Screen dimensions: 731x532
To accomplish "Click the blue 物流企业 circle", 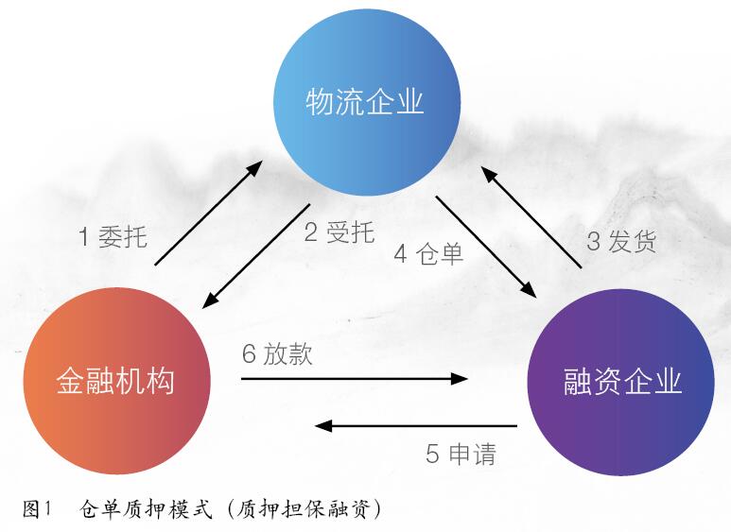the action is tap(367, 102).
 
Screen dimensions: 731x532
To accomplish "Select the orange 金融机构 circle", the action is tap(117, 381).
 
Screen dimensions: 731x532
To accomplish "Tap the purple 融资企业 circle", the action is tap(620, 382).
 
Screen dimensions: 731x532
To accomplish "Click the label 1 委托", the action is tap(113, 236).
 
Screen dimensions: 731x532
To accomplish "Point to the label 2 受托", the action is tap(339, 232).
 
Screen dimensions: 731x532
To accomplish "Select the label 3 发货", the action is tap(621, 241).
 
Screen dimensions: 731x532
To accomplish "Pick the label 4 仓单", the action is tap(428, 254).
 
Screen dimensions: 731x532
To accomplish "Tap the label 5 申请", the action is tap(461, 454).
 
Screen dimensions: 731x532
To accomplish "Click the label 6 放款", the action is tap(277, 354).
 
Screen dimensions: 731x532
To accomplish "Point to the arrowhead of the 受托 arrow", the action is tap(211, 300).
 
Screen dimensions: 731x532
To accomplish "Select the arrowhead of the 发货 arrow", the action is tap(490, 175).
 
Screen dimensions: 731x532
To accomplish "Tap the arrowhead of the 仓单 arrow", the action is tap(529, 289).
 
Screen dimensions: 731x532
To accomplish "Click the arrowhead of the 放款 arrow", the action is tap(461, 379).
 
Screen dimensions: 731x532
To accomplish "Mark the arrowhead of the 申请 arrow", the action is tap(323, 426).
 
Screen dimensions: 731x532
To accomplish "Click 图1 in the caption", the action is tap(36, 509).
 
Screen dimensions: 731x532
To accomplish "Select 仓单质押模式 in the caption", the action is tap(146, 509).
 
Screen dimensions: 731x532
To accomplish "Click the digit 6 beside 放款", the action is tap(249, 354).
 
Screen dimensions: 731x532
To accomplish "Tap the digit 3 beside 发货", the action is tap(593, 242).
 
